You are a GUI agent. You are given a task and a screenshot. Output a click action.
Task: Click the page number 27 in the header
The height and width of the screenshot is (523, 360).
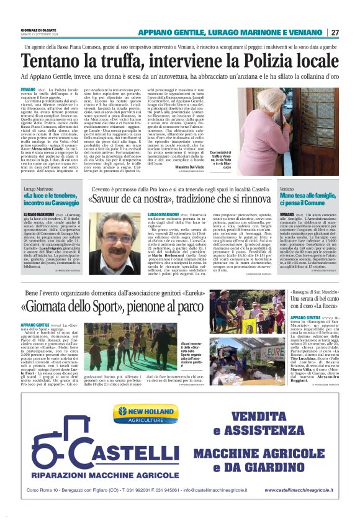pos(335,32)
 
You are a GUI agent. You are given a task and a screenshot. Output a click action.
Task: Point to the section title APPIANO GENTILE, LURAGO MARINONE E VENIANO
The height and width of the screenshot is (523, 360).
pos(230,32)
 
